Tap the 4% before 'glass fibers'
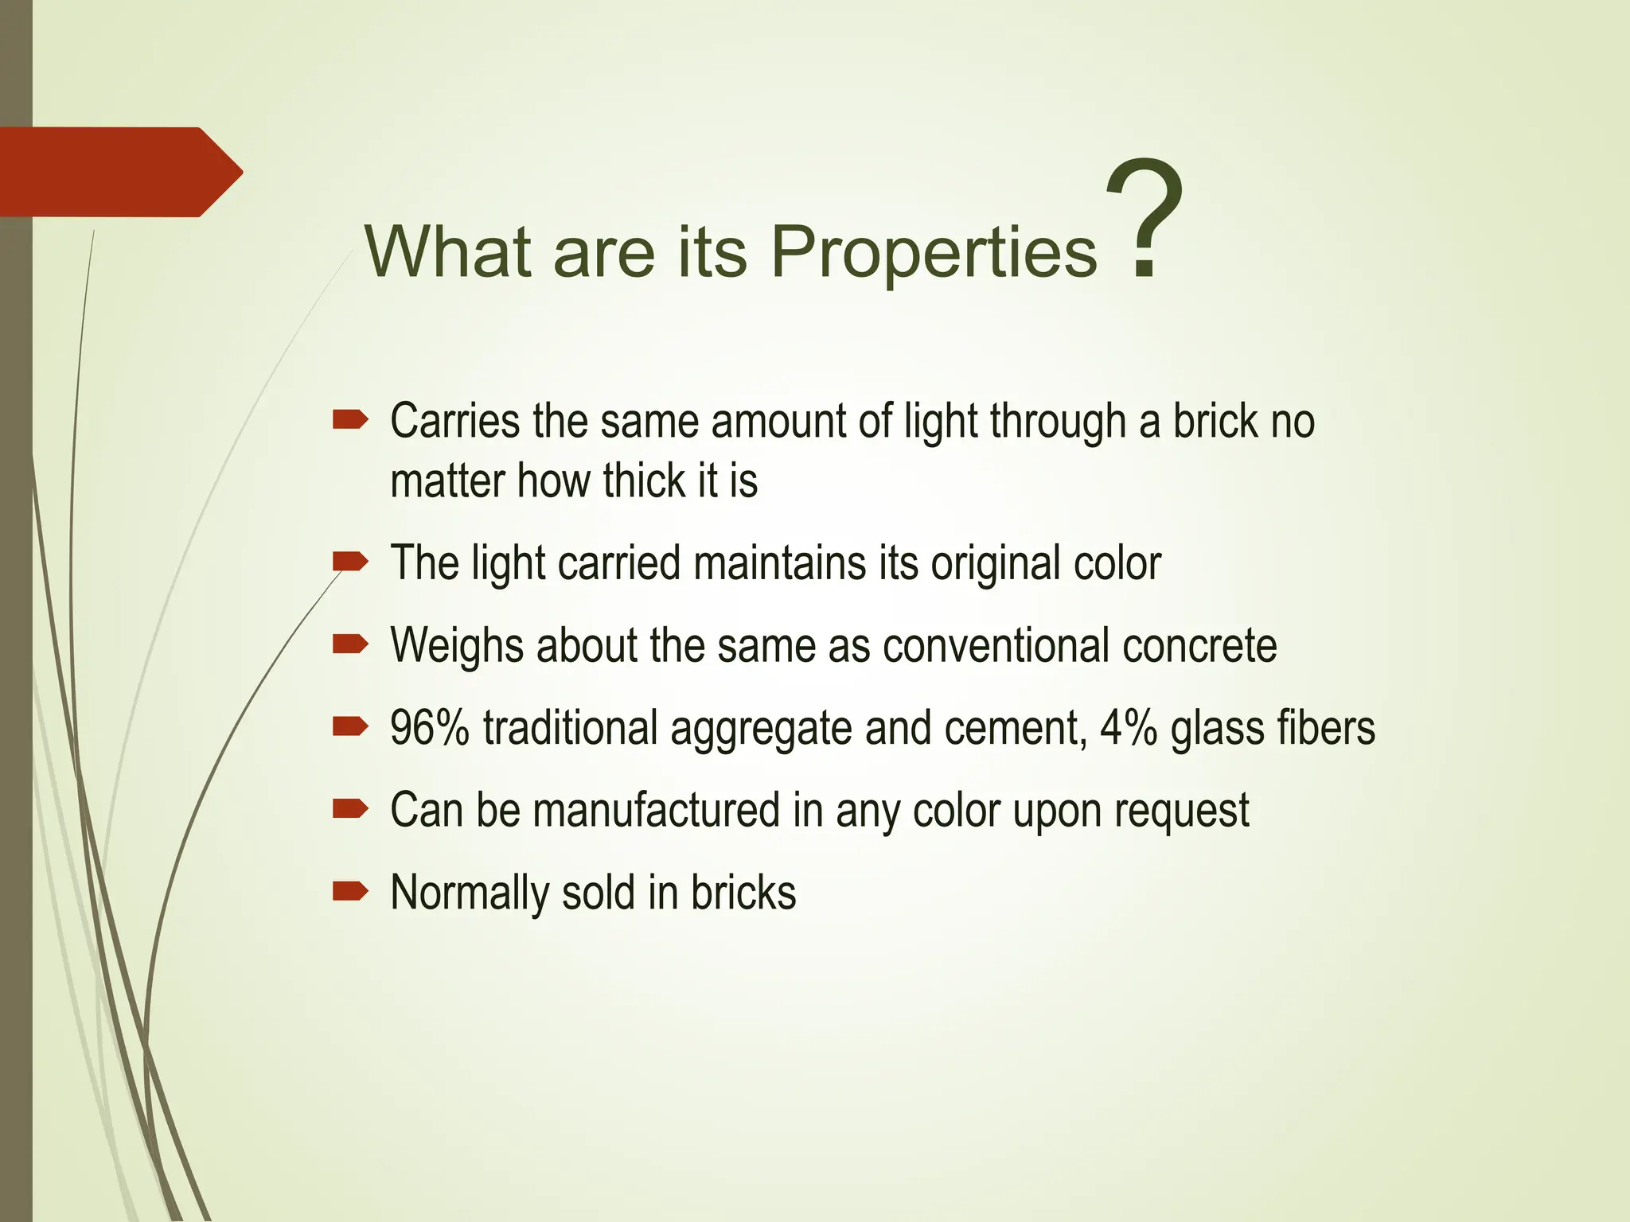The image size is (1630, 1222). point(1129,727)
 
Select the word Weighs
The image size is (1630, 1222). point(457,645)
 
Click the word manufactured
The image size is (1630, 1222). point(657,810)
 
